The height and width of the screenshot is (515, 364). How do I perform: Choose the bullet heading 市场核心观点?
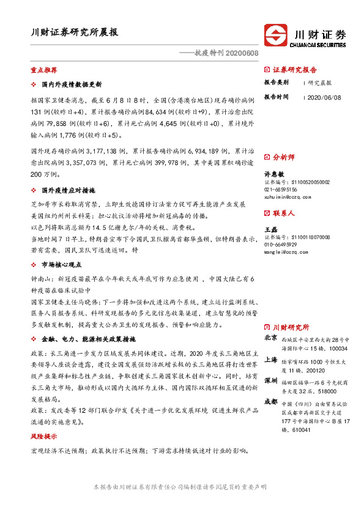tap(64, 265)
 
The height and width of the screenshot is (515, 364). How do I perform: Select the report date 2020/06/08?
tap(324, 97)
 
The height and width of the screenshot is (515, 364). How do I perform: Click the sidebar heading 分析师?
tap(283, 157)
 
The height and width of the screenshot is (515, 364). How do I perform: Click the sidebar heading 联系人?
tap(283, 213)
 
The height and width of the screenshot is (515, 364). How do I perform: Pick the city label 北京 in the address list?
tap(270, 337)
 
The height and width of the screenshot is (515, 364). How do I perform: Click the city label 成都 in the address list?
tap(270, 402)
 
